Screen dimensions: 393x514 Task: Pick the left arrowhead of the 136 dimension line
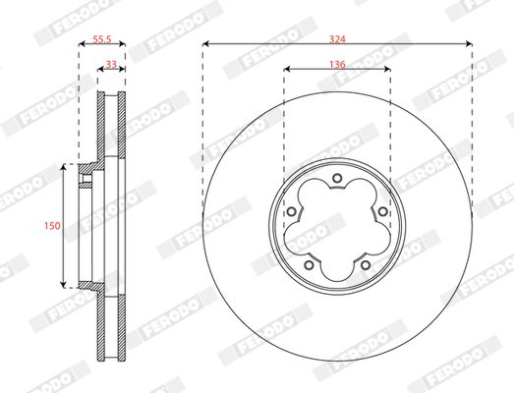point(286,69)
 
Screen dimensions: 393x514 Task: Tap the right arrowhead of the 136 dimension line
point(388,69)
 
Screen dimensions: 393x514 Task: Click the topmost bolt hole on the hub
point(337,178)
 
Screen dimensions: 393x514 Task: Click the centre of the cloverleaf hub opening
point(337,225)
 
